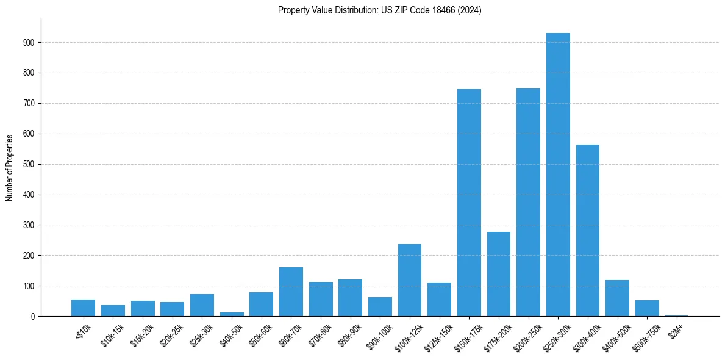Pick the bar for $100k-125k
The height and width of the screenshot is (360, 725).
(410, 280)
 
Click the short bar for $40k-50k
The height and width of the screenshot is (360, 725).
(232, 314)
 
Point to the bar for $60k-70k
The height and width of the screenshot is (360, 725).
(291, 292)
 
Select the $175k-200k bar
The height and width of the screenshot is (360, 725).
(499, 274)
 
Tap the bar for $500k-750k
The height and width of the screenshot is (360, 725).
(647, 308)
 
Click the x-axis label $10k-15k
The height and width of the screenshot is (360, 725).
(112, 335)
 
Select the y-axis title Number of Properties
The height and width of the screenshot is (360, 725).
(9, 167)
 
